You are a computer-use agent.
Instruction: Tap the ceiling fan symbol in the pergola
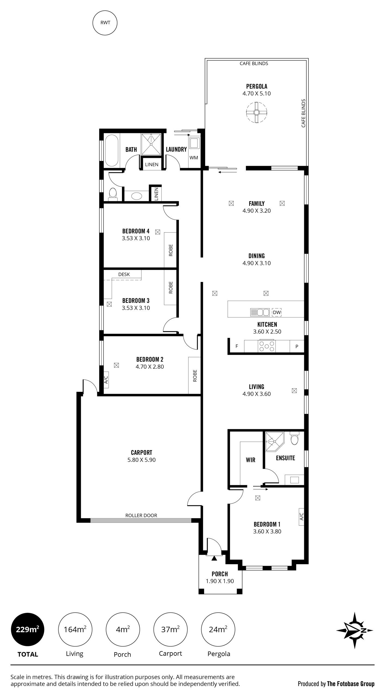(x=256, y=112)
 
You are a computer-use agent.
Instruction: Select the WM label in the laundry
(x=194, y=158)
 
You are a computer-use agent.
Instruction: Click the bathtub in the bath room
(x=112, y=150)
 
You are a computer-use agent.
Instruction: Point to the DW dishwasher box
(x=277, y=312)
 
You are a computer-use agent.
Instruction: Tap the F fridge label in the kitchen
(x=237, y=346)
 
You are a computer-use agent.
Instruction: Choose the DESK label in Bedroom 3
(x=124, y=274)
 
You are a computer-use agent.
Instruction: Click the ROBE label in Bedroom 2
(x=195, y=376)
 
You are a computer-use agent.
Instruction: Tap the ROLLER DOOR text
(x=141, y=515)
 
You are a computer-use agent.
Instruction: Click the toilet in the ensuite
(x=294, y=438)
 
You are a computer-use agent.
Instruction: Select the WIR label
(x=250, y=460)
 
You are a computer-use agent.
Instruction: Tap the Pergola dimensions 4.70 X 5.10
(x=256, y=94)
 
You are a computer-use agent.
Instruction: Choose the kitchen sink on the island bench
(x=260, y=312)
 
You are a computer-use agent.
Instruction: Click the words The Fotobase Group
(x=351, y=684)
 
